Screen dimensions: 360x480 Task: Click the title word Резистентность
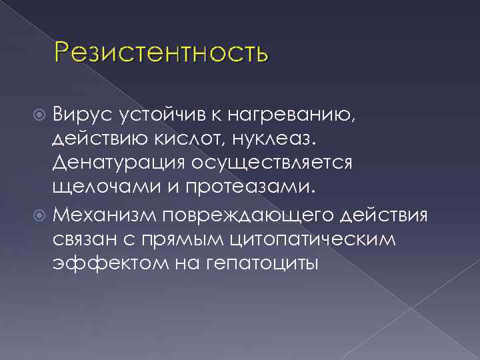point(162,52)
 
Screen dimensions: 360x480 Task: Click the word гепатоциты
point(256,264)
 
